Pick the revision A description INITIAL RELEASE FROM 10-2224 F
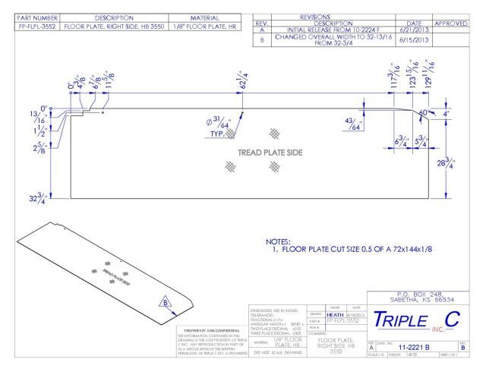tap(335, 29)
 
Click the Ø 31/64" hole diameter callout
tap(214, 122)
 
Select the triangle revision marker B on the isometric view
tap(164, 302)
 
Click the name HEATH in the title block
tap(336, 313)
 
